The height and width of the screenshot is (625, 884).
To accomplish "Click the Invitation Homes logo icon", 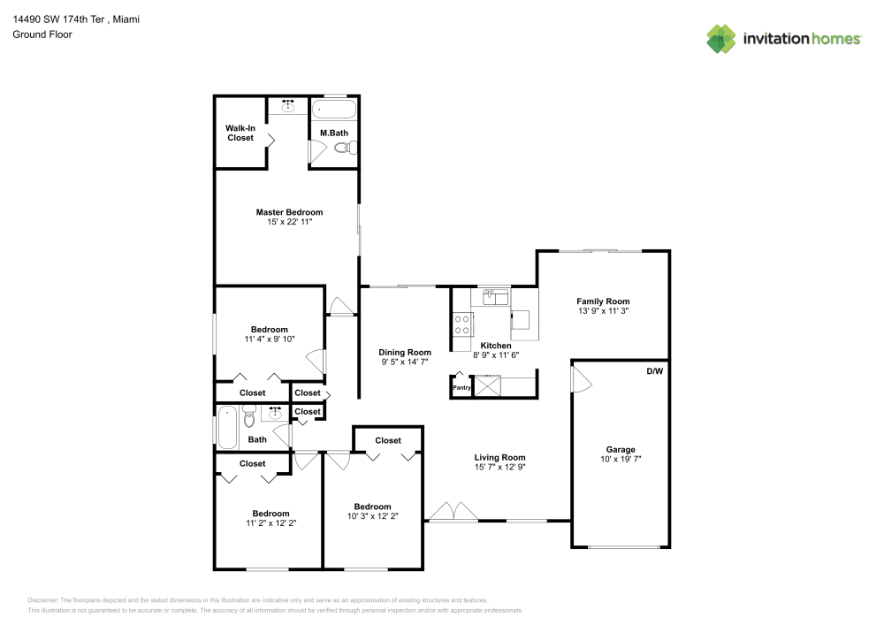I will point(720,38).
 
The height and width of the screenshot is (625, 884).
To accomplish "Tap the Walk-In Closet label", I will point(240,133).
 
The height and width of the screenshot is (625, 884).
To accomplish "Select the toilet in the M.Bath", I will point(344,150).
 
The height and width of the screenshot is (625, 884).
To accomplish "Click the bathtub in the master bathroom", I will point(333,111).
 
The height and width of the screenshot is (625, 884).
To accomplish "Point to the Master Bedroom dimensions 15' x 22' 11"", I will point(289,222).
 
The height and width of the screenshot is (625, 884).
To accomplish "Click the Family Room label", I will point(603,301).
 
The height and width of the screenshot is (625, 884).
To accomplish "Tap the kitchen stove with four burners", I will point(461,324).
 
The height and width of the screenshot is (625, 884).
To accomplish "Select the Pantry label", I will point(461,387).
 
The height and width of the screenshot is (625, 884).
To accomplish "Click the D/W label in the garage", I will point(653,370).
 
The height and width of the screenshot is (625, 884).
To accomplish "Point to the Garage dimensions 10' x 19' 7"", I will point(620,460).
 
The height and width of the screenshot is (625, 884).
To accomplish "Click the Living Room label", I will point(499,457).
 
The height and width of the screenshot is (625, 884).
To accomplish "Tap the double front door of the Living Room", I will point(452,512).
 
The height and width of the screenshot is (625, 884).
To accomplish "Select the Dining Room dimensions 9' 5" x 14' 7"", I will point(406,362).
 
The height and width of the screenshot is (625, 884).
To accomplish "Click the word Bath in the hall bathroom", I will point(257,439).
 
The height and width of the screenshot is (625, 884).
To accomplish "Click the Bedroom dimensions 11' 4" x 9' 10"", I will point(269,339).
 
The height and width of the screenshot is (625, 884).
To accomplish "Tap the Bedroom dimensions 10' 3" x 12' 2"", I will point(372,516).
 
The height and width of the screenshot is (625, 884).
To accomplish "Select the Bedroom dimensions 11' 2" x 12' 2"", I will point(271,523).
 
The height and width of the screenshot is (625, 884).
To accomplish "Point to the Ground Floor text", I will point(42,34).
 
